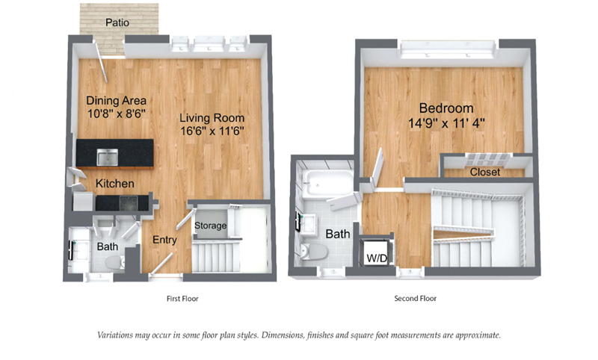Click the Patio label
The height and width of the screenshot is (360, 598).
click(x=117, y=22)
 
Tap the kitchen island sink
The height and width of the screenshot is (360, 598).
click(x=107, y=157)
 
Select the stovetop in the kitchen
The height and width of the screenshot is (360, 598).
click(x=129, y=203)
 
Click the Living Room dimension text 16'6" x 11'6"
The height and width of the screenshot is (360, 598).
click(x=212, y=131)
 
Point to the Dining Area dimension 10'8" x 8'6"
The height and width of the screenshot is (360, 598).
click(x=117, y=114)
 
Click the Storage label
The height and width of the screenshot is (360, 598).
click(x=211, y=226)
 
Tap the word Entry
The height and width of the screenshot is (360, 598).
click(x=164, y=240)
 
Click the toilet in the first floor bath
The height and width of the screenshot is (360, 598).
click(x=114, y=261)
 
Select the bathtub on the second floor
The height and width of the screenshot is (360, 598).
click(x=327, y=184)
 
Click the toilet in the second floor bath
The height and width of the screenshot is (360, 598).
click(x=314, y=252)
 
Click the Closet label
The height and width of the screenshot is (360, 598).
click(x=484, y=173)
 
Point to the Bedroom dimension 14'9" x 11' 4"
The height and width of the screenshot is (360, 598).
click(x=446, y=123)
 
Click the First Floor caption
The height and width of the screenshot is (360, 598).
click(x=182, y=299)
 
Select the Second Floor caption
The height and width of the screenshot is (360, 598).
click(x=416, y=298)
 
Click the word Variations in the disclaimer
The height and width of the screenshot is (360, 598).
click(x=114, y=335)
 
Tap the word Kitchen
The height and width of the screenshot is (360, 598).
click(x=115, y=184)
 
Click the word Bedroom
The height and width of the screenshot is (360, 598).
click(x=446, y=108)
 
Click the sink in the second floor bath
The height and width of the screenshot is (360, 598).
click(x=307, y=223)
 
